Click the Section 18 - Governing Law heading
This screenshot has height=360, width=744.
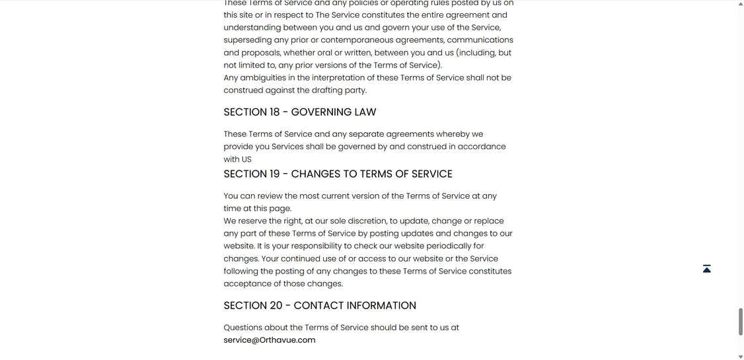pos(300,112)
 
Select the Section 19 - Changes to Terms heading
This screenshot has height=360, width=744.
pos(338,174)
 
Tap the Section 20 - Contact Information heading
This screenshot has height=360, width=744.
pos(320,306)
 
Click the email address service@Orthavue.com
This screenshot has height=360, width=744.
pos(270,340)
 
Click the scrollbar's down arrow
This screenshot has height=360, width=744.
pos(740,357)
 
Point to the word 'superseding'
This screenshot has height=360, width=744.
pos(247,40)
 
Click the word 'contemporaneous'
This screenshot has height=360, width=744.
pos(357,40)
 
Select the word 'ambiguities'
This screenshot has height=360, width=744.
pos(262,78)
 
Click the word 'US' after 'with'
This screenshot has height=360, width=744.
pos(246,159)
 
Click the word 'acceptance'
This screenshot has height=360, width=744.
pos(247,284)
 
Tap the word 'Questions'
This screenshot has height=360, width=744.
pos(242,328)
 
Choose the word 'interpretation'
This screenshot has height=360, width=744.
pos(338,78)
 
